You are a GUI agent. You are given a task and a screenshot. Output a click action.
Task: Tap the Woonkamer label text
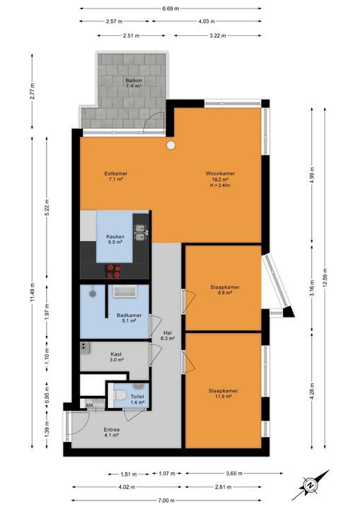221,177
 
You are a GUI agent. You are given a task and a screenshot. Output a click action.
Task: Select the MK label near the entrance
90,404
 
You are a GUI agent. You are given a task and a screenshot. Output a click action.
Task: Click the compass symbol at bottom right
310,485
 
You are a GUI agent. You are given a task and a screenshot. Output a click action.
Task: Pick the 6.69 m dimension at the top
170,8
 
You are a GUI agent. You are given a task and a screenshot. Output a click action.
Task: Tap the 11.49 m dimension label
32,291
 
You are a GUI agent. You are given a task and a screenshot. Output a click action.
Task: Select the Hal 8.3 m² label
168,336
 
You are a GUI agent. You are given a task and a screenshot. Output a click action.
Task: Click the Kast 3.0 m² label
117,357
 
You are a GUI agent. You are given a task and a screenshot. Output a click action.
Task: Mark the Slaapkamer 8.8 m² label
225,290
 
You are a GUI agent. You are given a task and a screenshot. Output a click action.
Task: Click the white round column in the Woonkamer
171,146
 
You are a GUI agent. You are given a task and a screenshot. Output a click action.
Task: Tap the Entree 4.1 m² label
112,432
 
